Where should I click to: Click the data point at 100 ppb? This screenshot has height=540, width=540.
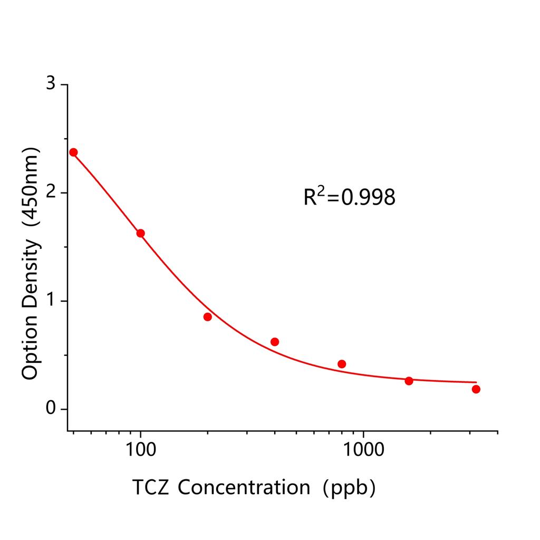tap(140, 233)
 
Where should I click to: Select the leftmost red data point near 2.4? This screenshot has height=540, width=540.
tap(73, 152)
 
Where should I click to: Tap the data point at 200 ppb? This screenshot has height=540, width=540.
tap(207, 317)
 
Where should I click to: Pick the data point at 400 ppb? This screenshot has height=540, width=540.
tap(275, 342)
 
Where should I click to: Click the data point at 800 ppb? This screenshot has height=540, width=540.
tap(342, 364)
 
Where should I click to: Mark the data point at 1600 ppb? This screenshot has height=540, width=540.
tap(409, 381)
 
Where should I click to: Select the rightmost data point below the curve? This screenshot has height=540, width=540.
tap(476, 389)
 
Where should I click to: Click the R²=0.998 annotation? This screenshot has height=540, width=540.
tap(349, 197)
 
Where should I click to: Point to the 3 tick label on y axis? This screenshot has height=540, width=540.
tap(50, 84)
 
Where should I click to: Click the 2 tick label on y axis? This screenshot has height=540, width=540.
tap(50, 192)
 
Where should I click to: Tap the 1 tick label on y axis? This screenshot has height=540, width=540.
tap(50, 301)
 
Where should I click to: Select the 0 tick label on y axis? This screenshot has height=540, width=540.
tap(50, 409)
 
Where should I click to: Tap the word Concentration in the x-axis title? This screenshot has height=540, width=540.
tap(244, 487)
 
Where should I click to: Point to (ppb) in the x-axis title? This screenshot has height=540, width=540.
tap(350, 487)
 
